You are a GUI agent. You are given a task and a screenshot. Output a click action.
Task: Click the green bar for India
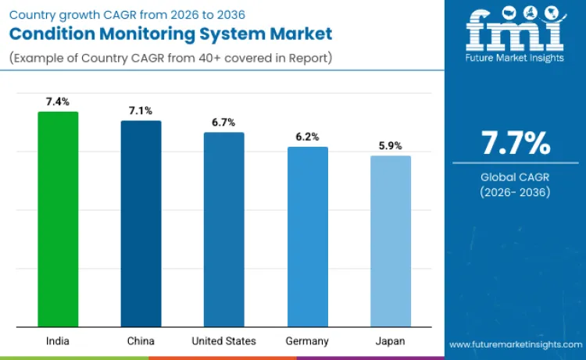(58, 219)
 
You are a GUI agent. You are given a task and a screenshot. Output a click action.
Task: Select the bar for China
(141, 223)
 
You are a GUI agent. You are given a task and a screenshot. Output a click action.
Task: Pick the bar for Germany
(307, 236)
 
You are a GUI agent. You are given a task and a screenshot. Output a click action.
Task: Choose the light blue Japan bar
(390, 241)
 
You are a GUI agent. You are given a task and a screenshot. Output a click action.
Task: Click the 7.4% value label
(58, 102)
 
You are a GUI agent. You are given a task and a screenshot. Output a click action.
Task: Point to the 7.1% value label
(141, 110)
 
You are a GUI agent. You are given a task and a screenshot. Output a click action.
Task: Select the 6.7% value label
(224, 122)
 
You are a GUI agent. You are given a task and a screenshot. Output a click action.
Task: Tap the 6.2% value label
(307, 137)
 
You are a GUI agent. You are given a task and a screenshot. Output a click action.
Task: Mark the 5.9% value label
(390, 145)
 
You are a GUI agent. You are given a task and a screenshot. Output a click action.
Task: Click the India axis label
(58, 341)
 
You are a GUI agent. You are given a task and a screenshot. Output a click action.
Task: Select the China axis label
(141, 341)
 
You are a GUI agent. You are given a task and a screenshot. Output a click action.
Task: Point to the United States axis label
(224, 341)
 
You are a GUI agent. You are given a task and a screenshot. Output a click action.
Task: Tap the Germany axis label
(307, 341)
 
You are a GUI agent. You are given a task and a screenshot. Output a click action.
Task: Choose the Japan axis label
(390, 341)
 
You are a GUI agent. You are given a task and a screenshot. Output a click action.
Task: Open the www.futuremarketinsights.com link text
(516, 344)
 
